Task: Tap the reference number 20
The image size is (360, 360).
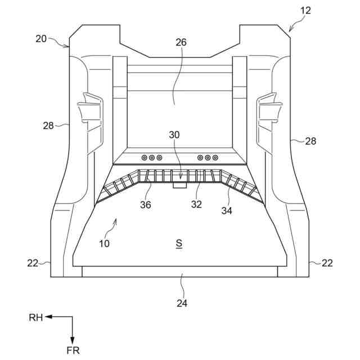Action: (41, 39)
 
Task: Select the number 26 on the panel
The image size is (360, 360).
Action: (181, 43)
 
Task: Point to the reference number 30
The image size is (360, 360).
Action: (174, 135)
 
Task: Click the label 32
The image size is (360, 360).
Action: (196, 205)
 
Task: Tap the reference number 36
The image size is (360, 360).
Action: (146, 205)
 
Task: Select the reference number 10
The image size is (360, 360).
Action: (104, 244)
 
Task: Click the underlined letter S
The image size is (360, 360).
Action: (179, 244)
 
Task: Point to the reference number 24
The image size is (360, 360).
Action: (182, 303)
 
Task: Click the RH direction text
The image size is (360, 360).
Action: (36, 318)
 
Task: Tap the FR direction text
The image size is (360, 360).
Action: (73, 350)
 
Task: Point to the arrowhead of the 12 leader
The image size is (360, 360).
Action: (290, 30)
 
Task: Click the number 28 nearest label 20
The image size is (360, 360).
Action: (48, 125)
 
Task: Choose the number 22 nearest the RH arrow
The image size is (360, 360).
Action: (32, 263)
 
